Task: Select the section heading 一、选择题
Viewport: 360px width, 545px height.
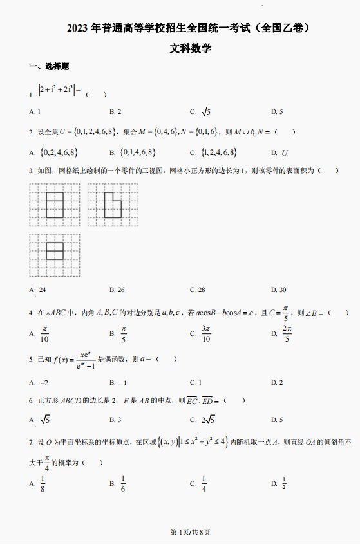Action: [49, 67]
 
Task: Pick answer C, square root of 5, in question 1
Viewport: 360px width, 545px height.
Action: [206, 111]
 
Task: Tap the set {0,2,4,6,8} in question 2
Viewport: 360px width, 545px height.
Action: [59, 152]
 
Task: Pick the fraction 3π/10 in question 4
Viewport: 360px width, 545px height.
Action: [206, 333]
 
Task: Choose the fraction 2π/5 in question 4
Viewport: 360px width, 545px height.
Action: [287, 333]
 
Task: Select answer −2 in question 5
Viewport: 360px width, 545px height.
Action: [44, 382]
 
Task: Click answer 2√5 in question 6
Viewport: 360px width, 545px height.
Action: [207, 420]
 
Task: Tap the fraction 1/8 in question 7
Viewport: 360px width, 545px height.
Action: [43, 483]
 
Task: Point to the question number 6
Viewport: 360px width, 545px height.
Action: [31, 401]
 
